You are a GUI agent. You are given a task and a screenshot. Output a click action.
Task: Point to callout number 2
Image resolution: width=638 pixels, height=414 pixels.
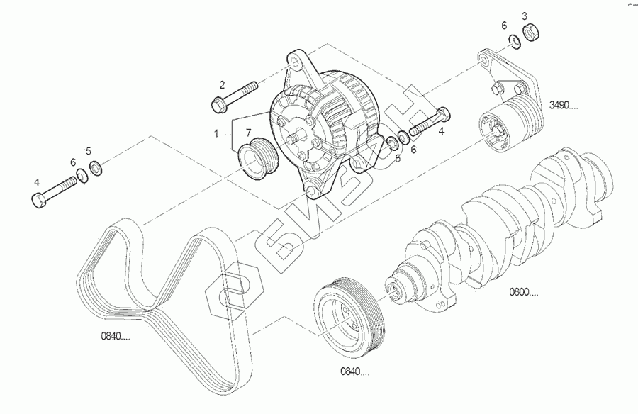point(221,84)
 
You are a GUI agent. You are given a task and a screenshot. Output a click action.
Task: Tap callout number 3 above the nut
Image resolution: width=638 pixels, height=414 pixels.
point(525,15)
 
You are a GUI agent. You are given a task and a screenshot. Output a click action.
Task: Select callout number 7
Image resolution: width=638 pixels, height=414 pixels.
point(248,133)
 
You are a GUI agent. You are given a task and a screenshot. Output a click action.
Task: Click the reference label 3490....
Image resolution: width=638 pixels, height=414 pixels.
point(564,106)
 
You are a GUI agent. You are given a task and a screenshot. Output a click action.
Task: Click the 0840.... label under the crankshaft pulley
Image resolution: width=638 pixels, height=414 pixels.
point(354,371)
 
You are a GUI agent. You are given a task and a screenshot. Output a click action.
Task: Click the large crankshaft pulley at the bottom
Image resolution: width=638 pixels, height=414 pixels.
point(349,315)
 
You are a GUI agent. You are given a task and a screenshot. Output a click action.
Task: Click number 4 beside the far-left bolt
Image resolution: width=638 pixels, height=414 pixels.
point(37,181)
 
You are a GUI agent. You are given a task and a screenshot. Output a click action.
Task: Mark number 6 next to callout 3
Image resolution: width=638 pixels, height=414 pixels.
point(504,26)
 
